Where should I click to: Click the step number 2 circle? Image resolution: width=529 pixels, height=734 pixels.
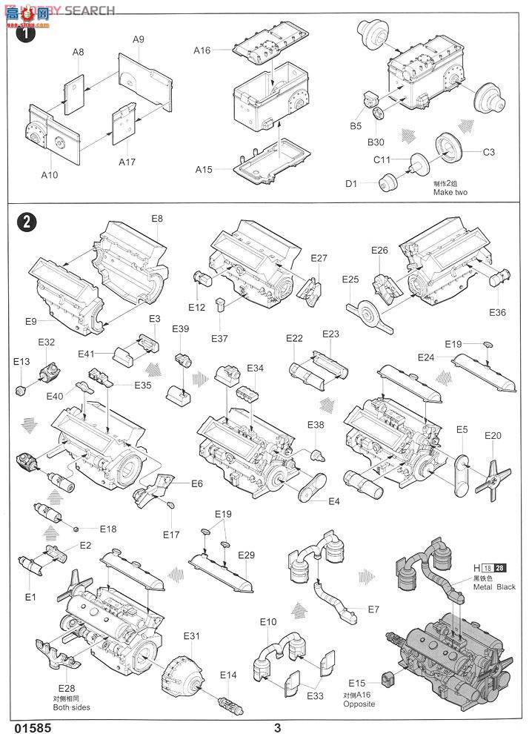pyautogui.click(x=25, y=222)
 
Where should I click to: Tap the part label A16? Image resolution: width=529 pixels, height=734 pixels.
pyautogui.click(x=202, y=50)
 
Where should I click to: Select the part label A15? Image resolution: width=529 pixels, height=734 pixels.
pyautogui.click(x=204, y=169)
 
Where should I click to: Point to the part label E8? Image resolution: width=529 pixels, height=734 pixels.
pyautogui.click(x=157, y=219)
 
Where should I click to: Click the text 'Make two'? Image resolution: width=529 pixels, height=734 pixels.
pyautogui.click(x=451, y=193)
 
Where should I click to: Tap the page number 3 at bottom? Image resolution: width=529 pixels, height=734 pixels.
pyautogui.click(x=277, y=727)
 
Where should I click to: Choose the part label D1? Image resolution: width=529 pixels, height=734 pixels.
pyautogui.click(x=350, y=184)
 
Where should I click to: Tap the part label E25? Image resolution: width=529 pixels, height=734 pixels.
pyautogui.click(x=350, y=279)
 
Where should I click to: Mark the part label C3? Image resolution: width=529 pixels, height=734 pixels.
pyautogui.click(x=488, y=153)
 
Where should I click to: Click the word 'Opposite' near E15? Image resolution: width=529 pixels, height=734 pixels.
pyautogui.click(x=358, y=704)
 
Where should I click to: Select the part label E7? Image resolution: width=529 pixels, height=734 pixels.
pyautogui.click(x=373, y=609)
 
